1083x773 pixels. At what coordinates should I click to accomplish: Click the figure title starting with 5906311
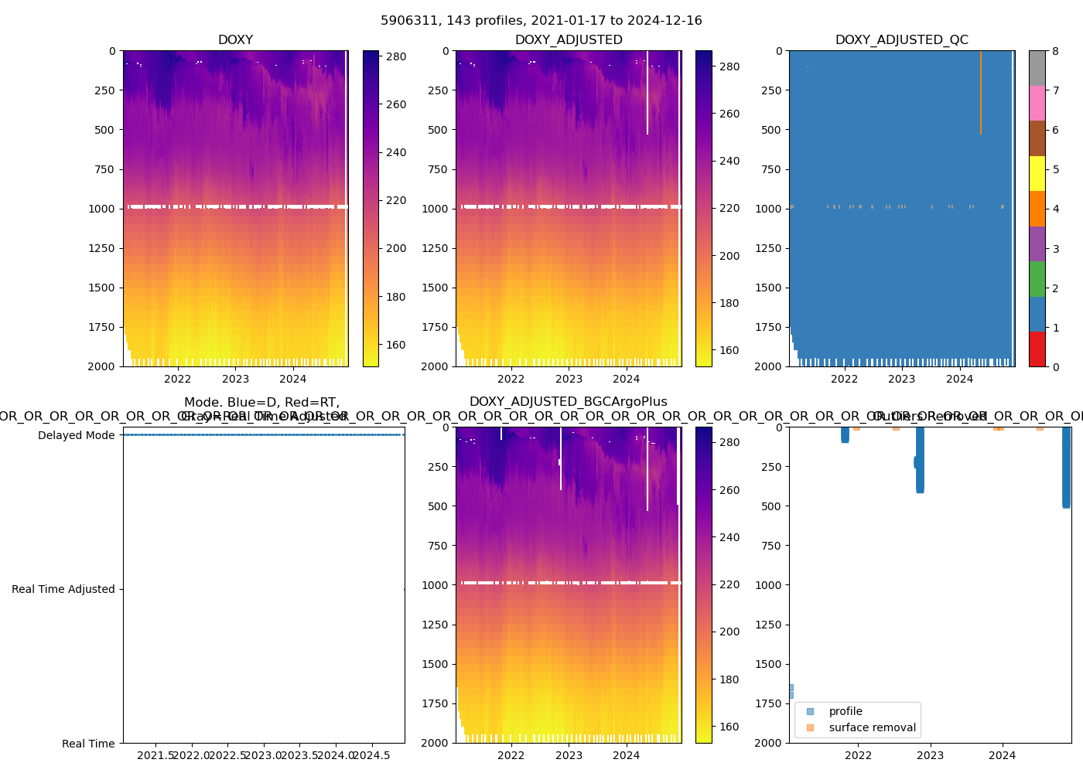(x=541, y=21)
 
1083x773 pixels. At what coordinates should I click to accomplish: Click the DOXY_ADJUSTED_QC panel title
(x=901, y=40)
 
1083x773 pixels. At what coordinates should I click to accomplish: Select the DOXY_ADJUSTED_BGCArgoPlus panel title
(x=568, y=402)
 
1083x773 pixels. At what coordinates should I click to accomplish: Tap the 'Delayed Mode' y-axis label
(x=76, y=435)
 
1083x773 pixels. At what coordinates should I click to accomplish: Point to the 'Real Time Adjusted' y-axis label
(x=63, y=589)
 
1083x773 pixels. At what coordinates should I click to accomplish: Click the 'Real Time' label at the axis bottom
(x=88, y=744)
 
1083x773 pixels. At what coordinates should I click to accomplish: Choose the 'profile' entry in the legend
(x=845, y=711)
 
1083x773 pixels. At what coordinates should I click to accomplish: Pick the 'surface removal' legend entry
(x=872, y=727)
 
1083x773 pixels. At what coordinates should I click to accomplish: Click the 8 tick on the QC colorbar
(x=1056, y=51)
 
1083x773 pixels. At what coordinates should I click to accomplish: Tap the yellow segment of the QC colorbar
(x=1037, y=173)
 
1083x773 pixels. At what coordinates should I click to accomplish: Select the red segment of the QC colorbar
(x=1037, y=349)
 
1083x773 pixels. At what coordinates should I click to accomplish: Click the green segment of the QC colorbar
(x=1037, y=278)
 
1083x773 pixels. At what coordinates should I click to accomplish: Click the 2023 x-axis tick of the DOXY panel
(x=235, y=379)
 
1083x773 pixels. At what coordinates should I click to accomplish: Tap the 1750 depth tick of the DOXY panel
(x=101, y=327)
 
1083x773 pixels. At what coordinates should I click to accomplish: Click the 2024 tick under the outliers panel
(x=1003, y=755)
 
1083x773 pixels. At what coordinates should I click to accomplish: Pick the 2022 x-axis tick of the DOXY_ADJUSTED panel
(x=511, y=379)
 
